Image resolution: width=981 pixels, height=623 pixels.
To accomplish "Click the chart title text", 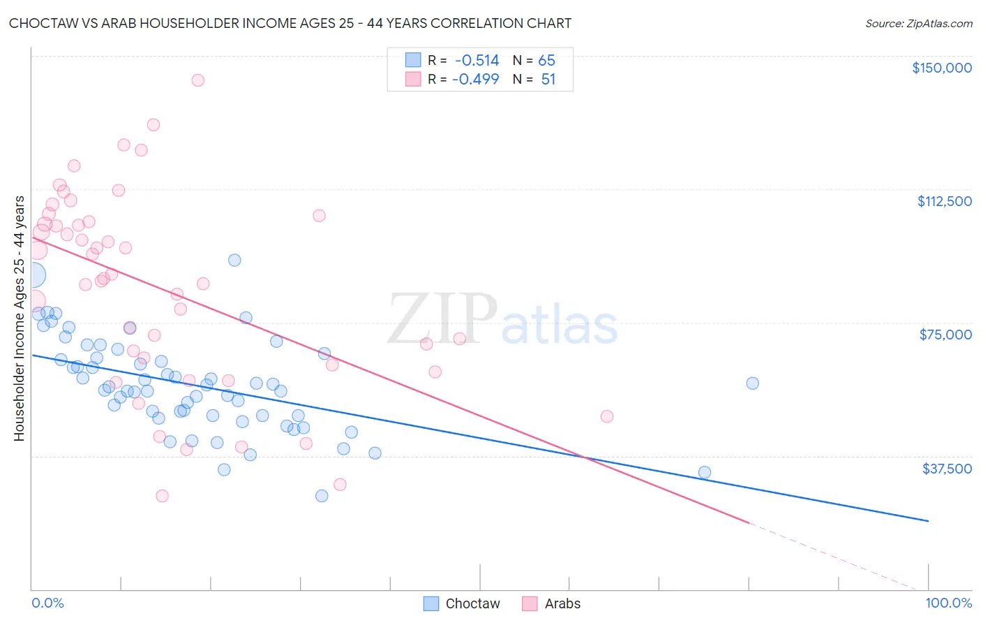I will tap(290, 23).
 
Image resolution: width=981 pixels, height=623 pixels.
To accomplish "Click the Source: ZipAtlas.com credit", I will tap(918, 23).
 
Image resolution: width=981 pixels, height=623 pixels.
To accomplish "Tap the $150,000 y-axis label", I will tap(941, 68).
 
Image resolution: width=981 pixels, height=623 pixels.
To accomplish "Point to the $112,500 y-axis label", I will tap(944, 201).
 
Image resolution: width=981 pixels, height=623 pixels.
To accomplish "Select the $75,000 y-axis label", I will tap(945, 335).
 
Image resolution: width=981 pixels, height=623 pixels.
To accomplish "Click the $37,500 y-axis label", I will tap(947, 469).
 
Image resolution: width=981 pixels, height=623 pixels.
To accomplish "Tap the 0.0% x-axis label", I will tap(47, 603).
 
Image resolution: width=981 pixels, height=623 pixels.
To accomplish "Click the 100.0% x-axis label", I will tap(948, 603).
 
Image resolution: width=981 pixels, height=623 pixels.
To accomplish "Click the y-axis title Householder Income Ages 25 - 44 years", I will tap(19, 318).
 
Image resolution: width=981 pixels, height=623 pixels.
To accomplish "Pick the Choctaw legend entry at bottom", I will tap(462, 603).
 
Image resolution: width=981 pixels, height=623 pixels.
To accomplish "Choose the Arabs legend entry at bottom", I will tap(552, 603).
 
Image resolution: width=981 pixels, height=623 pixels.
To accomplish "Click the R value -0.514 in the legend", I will tap(477, 61).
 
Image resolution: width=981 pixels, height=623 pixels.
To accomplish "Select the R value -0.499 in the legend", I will tap(475, 80).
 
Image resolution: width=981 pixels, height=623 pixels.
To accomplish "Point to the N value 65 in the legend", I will tap(546, 61).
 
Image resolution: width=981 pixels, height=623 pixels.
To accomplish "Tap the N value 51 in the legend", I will tap(548, 80).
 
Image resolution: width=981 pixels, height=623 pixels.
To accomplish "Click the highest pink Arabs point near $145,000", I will tap(197, 80).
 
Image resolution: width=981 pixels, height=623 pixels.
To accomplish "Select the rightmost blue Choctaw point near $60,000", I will tap(752, 383).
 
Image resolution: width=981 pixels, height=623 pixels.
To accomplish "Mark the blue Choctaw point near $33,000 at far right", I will tap(705, 473).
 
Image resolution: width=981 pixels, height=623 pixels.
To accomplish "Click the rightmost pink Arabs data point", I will tap(607, 416).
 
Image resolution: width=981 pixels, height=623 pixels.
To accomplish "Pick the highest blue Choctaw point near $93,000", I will tap(234, 261).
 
